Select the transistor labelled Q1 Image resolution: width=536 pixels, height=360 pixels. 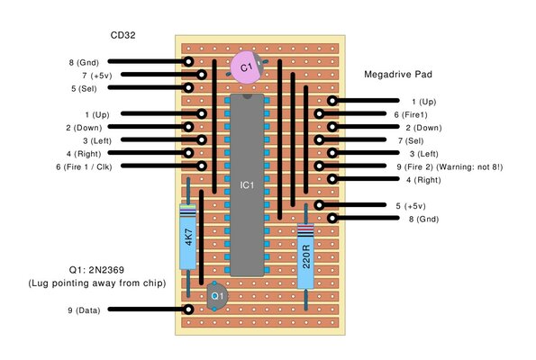pyautogui.click(x=216, y=294)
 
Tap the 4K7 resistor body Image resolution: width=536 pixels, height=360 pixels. pyautogui.click(x=187, y=238)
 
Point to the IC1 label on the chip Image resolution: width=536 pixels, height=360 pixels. pyautogui.click(x=247, y=185)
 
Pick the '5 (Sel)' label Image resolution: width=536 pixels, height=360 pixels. pyautogui.click(x=86, y=89)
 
